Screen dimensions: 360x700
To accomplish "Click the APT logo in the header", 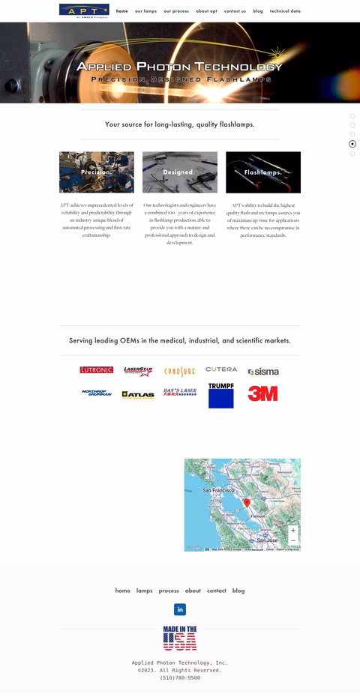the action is click(x=84, y=10).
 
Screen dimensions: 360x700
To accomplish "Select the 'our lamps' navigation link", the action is click(x=145, y=11).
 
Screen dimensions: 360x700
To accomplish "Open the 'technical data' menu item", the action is click(x=285, y=11).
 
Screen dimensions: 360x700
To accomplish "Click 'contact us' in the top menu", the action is click(x=235, y=11).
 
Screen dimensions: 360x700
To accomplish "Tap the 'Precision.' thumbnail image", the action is click(x=97, y=172).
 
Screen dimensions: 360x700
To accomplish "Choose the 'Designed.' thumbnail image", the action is click(x=180, y=172).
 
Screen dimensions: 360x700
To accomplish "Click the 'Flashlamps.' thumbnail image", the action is click(x=263, y=172).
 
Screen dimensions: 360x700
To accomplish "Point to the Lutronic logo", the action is click(x=96, y=370).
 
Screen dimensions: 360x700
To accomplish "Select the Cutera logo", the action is click(x=221, y=369).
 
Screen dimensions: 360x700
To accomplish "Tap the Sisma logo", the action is click(x=263, y=372).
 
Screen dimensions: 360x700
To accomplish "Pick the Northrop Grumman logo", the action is click(x=96, y=393).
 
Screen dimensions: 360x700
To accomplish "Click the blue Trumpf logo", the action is click(x=221, y=396).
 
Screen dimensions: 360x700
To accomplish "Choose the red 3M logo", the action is click(x=263, y=393).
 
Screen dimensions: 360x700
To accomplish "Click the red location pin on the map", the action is click(x=247, y=503).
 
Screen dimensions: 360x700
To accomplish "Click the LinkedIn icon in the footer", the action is click(x=180, y=609).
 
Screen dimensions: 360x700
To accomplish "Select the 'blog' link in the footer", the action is click(x=238, y=591).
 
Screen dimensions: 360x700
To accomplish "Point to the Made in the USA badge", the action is click(x=180, y=638).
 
